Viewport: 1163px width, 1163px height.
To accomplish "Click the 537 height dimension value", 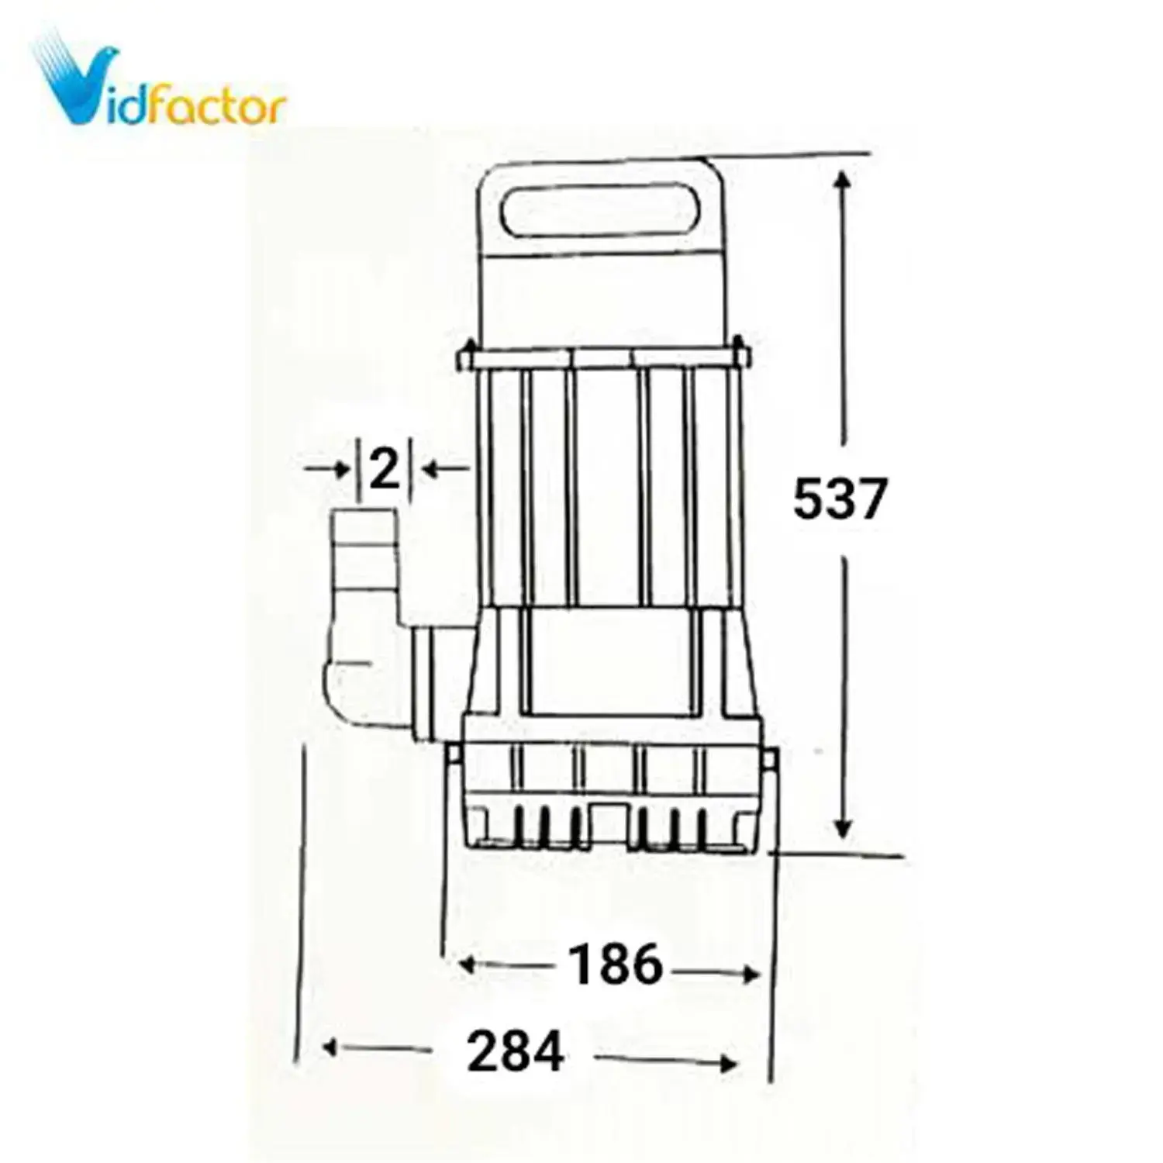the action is pyautogui.click(x=839, y=499).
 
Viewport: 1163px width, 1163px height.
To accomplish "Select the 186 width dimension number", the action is pyautogui.click(x=616, y=965).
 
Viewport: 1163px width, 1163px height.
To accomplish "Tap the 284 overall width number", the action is pyautogui.click(x=515, y=1052).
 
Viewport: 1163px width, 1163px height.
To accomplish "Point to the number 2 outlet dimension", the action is pyautogui.click(x=384, y=469).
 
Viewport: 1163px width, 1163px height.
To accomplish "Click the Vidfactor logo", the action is pyautogui.click(x=159, y=81).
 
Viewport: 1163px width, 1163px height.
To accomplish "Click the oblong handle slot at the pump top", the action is pyautogui.click(x=599, y=209).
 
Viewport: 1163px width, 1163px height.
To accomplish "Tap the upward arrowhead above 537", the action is pyautogui.click(x=844, y=181).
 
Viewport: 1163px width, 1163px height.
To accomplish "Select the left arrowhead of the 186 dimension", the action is pyautogui.click(x=468, y=965).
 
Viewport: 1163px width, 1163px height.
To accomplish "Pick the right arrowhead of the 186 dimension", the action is pyautogui.click(x=750, y=974).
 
